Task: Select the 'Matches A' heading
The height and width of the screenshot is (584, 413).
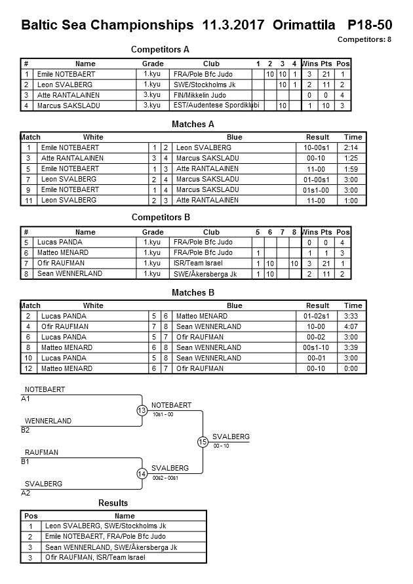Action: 193,124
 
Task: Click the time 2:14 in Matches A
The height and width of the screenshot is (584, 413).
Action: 353,148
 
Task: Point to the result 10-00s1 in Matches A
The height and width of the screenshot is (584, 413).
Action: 318,148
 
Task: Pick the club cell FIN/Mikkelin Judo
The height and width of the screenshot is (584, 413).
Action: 199,95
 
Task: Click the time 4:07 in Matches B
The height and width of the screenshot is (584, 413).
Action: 353,326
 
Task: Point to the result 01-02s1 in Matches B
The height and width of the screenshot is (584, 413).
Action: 318,316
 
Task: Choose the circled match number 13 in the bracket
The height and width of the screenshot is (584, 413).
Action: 142,410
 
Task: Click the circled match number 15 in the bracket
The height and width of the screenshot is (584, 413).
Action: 203,442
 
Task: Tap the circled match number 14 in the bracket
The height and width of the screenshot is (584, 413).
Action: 142,473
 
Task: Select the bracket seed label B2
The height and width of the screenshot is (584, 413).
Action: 26,430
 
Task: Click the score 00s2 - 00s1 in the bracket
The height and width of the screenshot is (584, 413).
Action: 165,478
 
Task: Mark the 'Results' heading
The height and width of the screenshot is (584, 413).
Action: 113,503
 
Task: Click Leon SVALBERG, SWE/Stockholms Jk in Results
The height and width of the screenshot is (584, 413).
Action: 105,526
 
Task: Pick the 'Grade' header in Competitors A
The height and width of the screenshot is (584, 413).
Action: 153,64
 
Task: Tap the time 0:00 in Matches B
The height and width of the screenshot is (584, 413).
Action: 353,368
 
